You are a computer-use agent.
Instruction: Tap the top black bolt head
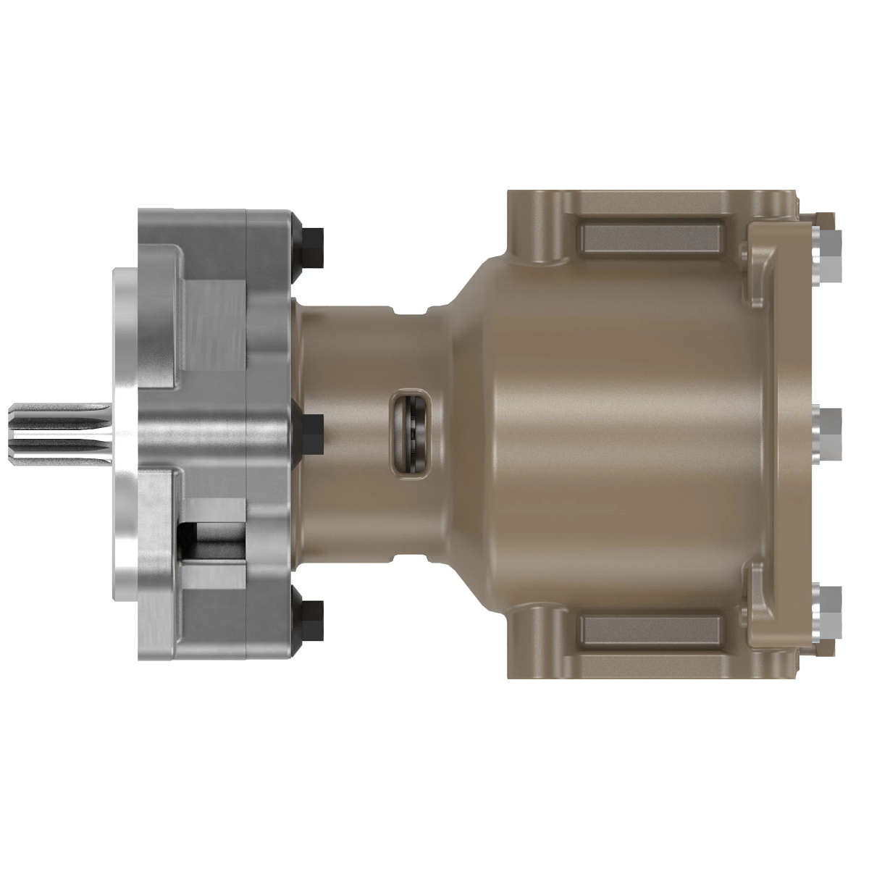(x=312, y=246)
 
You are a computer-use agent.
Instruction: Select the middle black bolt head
(x=312, y=432)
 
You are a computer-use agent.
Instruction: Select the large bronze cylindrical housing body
(x=616, y=434)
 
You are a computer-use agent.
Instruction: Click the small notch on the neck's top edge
(x=410, y=311)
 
